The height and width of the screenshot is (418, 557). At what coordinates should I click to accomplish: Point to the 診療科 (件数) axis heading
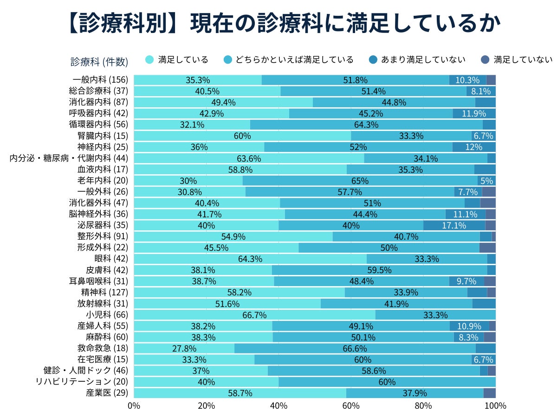[x=99, y=61]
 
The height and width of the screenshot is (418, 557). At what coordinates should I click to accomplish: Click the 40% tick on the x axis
[x=278, y=405]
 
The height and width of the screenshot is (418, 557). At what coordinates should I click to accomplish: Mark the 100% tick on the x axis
[x=495, y=405]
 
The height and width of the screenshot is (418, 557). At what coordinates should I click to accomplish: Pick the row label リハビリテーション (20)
[x=82, y=381]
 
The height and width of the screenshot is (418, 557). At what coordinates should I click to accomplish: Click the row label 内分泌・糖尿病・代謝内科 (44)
[x=69, y=158]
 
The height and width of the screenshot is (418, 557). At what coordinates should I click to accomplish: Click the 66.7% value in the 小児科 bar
[x=254, y=315]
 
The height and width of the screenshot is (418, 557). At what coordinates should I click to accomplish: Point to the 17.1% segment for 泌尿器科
[x=454, y=225]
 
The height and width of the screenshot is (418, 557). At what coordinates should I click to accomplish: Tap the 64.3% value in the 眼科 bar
[x=250, y=259]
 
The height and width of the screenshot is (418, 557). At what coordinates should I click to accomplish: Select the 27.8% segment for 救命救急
[x=184, y=348]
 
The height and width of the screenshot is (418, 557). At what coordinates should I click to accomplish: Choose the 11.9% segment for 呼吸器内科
[x=474, y=114]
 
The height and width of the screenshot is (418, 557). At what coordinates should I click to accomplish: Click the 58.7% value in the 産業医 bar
[x=240, y=393]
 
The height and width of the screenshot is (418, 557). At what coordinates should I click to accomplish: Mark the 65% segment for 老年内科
[x=360, y=181]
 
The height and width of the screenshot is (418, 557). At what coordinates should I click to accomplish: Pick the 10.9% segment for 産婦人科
[x=469, y=326]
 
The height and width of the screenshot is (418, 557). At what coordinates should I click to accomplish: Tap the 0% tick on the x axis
[x=134, y=405]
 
